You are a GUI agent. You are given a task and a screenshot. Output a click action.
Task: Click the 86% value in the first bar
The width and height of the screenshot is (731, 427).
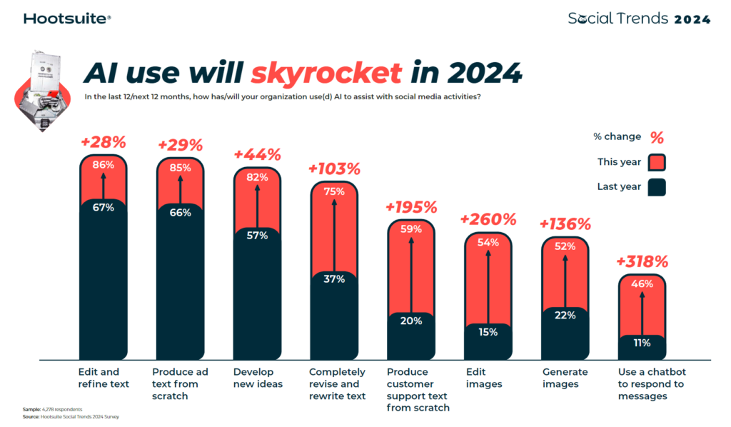[x=103, y=165]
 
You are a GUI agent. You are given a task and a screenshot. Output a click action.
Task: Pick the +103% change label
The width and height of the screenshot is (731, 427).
[x=334, y=169]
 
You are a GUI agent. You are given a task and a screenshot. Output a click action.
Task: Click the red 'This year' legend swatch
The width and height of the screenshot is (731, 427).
[x=657, y=162]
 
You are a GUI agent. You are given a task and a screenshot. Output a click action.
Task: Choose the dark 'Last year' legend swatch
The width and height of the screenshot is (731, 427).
[x=657, y=188]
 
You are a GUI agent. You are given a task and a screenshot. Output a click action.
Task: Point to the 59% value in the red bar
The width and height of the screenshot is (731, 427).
[x=411, y=231]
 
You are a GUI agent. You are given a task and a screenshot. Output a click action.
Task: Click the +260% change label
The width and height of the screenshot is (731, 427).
[x=488, y=218]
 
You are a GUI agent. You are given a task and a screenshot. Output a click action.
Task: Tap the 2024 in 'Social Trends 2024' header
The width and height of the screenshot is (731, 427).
[x=692, y=19]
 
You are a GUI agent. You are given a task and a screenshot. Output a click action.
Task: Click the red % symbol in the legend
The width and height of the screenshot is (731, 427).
[x=657, y=137]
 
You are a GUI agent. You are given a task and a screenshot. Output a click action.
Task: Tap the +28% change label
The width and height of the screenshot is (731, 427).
[x=103, y=142]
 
